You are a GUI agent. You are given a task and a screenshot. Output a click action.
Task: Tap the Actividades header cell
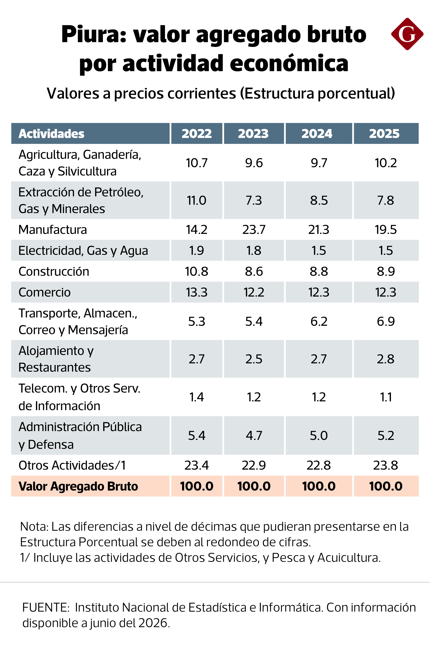pos(90,134)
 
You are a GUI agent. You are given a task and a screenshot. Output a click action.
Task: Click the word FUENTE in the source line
pos(46,608)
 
